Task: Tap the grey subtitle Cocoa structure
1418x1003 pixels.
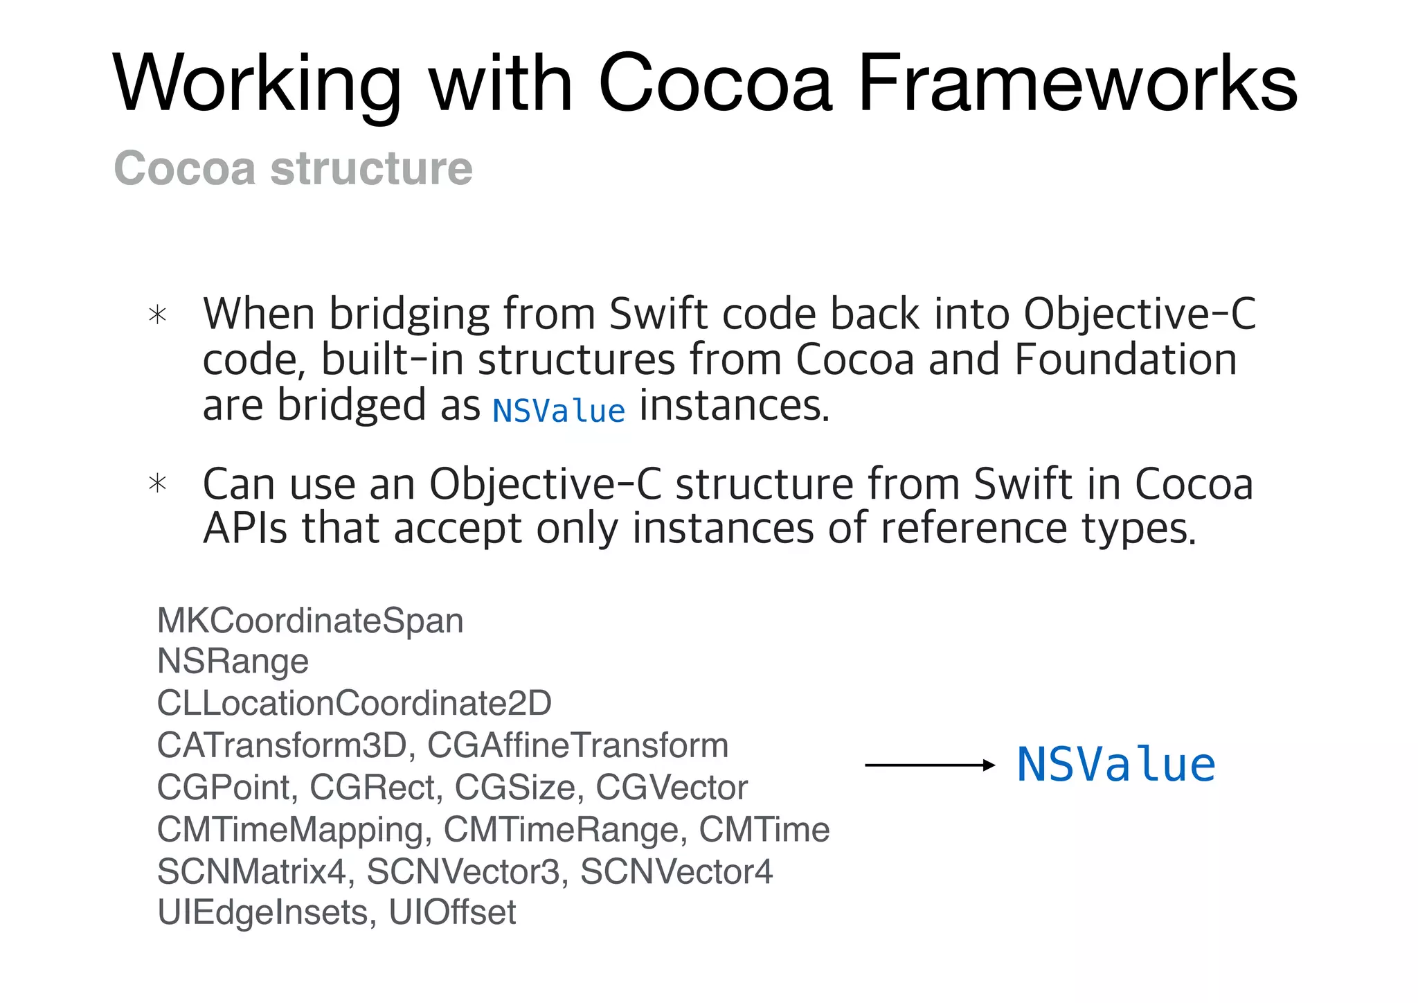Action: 293,168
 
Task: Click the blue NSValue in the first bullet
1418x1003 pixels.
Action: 559,411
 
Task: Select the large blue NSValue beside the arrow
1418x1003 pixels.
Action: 1115,765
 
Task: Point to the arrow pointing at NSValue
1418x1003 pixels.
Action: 929,765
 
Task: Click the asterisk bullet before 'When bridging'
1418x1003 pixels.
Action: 158,315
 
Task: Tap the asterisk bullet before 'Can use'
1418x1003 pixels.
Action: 158,483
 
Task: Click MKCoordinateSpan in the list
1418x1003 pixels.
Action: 310,621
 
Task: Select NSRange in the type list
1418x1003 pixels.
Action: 233,662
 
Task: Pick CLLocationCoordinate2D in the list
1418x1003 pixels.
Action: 354,703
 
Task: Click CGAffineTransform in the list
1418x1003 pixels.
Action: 577,745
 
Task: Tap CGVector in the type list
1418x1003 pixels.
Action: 671,788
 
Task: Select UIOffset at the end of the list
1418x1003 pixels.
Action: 452,912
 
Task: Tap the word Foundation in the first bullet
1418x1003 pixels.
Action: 1125,360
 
